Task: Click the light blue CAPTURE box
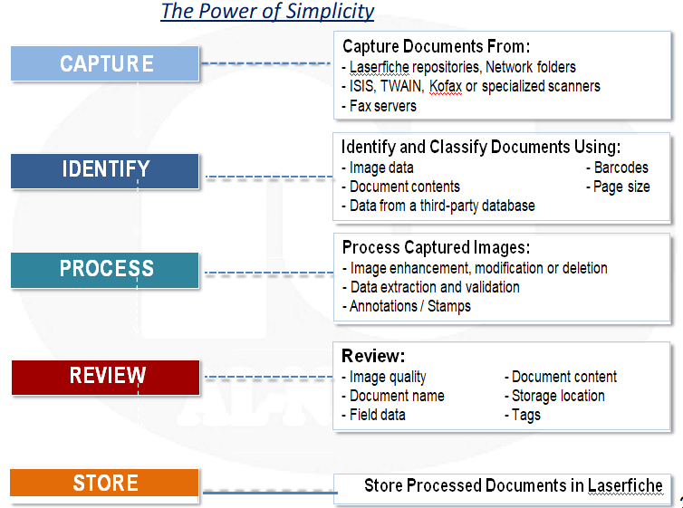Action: click(x=105, y=63)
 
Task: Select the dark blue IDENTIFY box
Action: click(x=105, y=171)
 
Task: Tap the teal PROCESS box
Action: click(x=105, y=271)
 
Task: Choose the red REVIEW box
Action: click(x=105, y=378)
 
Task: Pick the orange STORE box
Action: click(x=104, y=483)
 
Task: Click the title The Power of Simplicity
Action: click(x=267, y=11)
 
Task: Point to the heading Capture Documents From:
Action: click(x=436, y=46)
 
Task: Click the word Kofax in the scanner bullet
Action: click(x=445, y=86)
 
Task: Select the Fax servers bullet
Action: click(x=379, y=106)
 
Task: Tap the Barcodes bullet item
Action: click(x=617, y=168)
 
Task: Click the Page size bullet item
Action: click(x=618, y=187)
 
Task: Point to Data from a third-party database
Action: click(x=438, y=206)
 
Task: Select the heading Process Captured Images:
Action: click(x=436, y=247)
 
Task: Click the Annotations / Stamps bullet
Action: click(x=407, y=306)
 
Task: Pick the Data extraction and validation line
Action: click(x=431, y=287)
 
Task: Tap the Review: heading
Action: click(x=373, y=356)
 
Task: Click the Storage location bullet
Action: click(x=554, y=396)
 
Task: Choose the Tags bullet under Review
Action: click(x=523, y=415)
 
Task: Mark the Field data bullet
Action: click(x=374, y=415)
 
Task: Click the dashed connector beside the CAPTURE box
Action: click(x=265, y=63)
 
